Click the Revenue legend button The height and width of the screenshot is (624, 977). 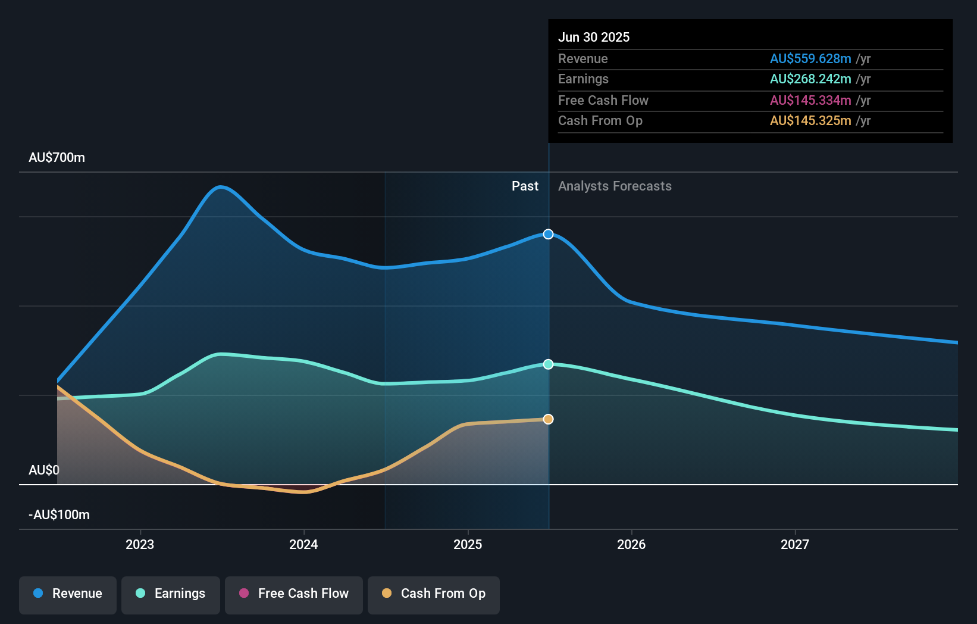click(x=68, y=594)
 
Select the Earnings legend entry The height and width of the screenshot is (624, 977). click(x=171, y=594)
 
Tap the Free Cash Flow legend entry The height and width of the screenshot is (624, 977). click(x=294, y=594)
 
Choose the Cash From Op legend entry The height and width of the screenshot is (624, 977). click(x=434, y=594)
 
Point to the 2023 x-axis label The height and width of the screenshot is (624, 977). click(x=140, y=544)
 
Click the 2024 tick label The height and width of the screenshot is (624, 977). click(x=303, y=544)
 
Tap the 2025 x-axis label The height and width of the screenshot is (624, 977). click(x=468, y=544)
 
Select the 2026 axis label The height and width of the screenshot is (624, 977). click(x=631, y=544)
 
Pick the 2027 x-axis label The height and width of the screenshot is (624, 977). click(x=795, y=544)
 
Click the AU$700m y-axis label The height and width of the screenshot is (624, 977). click(x=57, y=158)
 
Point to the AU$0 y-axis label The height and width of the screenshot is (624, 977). click(x=44, y=470)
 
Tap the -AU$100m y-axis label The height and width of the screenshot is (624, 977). click(x=60, y=515)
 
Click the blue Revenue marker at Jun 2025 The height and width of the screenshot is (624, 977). click(x=549, y=235)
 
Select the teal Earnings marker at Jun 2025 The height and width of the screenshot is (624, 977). click(x=549, y=364)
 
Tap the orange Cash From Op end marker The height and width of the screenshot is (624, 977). click(x=549, y=419)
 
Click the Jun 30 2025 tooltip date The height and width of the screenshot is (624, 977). click(x=594, y=38)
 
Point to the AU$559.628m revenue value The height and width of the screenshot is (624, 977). click(x=810, y=59)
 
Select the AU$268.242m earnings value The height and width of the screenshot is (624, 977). click(x=810, y=79)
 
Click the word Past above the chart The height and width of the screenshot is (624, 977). click(x=525, y=186)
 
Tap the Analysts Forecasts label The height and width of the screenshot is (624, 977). click(x=615, y=186)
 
